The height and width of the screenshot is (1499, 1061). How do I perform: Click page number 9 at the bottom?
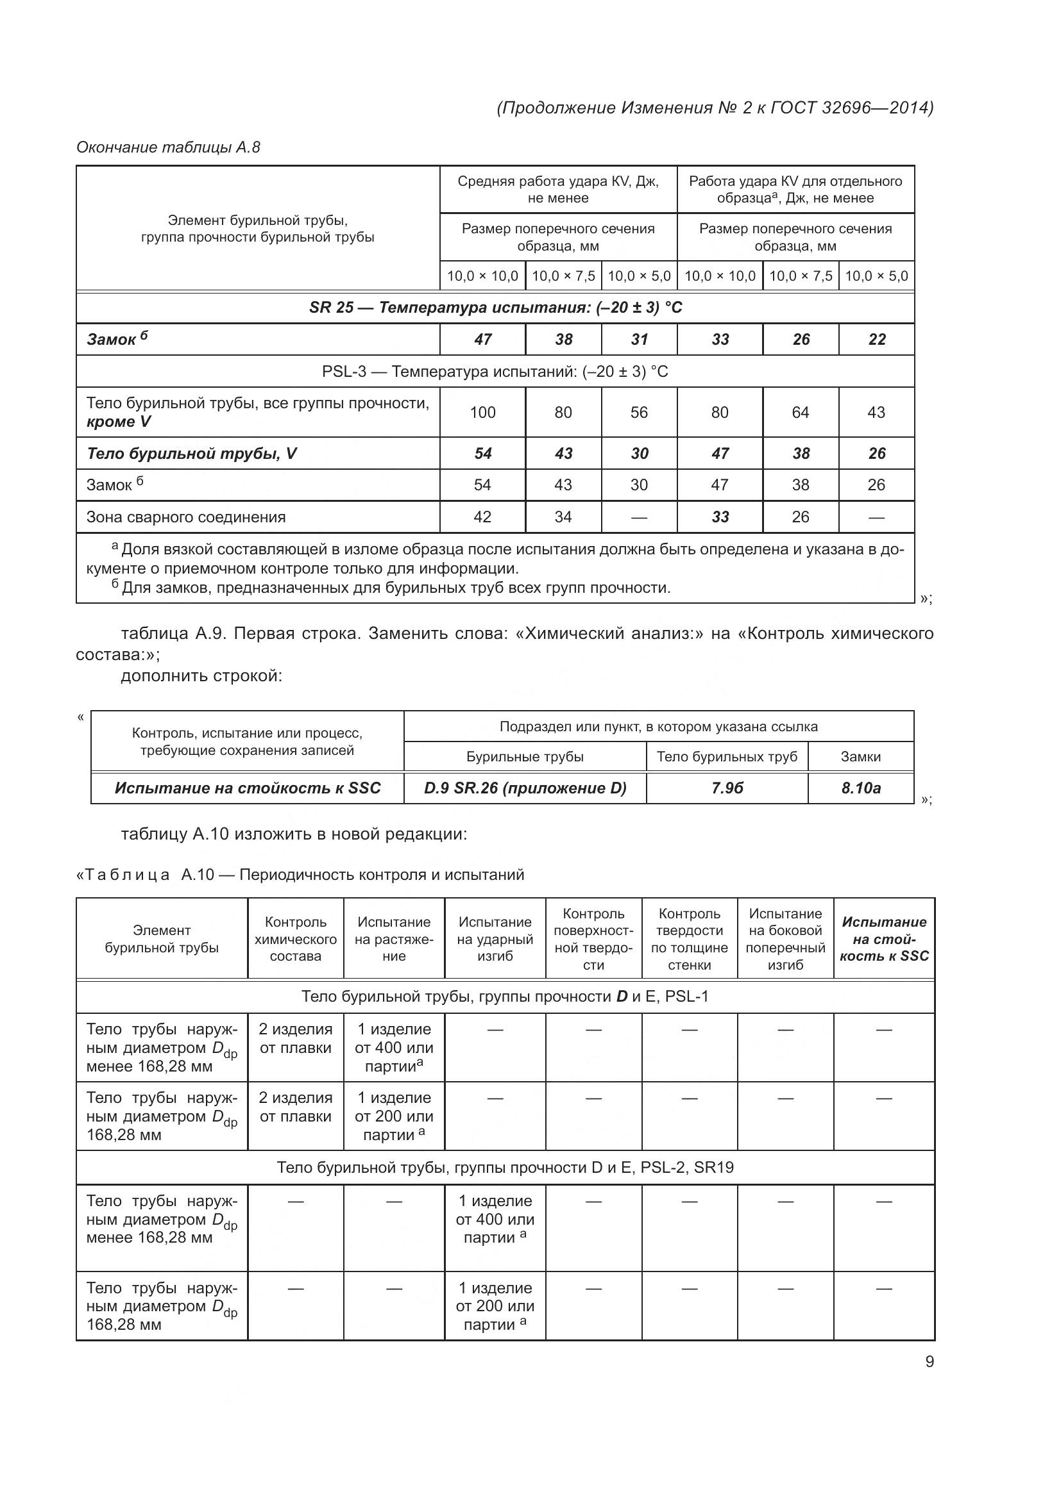point(929,1361)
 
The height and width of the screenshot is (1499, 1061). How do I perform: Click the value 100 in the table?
point(482,413)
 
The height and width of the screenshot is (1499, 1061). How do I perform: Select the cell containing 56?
point(638,413)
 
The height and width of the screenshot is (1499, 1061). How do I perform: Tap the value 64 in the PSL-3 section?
point(800,413)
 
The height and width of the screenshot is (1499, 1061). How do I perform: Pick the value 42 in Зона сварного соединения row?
point(482,517)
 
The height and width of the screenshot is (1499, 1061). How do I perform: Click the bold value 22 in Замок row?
point(876,340)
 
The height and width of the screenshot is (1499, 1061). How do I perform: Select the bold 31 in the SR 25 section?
point(638,340)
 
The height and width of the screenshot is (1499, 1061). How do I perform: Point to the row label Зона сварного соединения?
point(186,517)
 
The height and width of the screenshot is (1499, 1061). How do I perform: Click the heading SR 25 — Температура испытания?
point(495,308)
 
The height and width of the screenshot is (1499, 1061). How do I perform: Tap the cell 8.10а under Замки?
point(860,788)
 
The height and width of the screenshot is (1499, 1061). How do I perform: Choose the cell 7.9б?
point(727,788)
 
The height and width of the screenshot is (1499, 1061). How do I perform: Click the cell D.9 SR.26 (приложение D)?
point(525,788)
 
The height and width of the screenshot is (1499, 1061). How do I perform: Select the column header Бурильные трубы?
point(525,757)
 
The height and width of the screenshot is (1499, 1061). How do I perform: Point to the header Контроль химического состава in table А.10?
point(295,939)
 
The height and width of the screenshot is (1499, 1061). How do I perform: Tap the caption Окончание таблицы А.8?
point(168,147)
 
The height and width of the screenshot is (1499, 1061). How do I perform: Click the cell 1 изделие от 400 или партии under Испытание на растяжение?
point(394,1047)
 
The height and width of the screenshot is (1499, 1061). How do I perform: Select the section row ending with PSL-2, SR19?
point(504,1167)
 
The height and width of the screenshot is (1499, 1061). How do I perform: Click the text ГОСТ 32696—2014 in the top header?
point(851,108)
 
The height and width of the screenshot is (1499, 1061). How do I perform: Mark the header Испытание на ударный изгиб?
point(495,939)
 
